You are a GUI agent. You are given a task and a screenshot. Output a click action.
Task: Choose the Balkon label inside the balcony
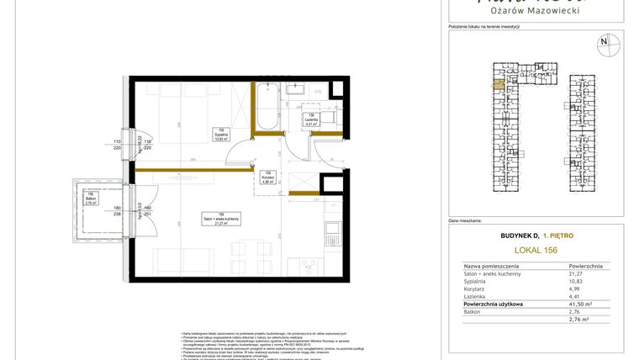pyautogui.click(x=91, y=199)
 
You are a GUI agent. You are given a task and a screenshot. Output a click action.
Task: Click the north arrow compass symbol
pyautogui.click(x=603, y=43)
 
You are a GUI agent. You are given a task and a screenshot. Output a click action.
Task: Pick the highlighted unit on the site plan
pyautogui.click(x=498, y=82)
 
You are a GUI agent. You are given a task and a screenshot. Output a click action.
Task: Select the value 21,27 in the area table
pyautogui.click(x=577, y=273)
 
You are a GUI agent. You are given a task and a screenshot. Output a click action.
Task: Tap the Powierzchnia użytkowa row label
pyautogui.click(x=494, y=304)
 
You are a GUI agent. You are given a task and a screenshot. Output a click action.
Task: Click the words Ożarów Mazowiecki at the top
pyautogui.click(x=535, y=10)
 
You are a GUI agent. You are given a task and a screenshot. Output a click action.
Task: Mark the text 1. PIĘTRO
pyautogui.click(x=557, y=236)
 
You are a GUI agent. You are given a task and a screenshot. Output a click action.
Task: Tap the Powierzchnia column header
pyautogui.click(x=585, y=265)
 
